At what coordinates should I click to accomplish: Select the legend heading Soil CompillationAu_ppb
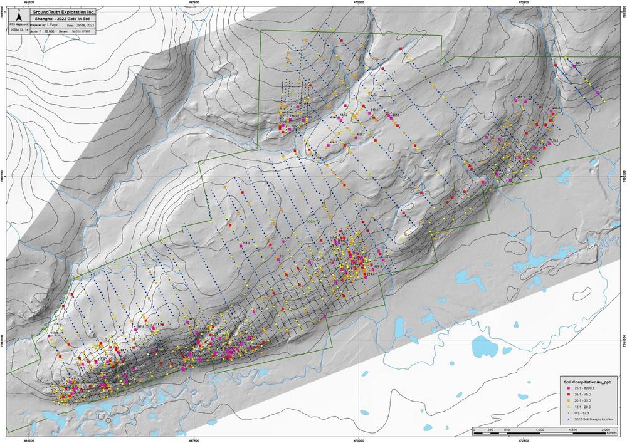(x=585, y=381)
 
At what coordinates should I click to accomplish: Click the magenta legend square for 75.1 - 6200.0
(x=567, y=388)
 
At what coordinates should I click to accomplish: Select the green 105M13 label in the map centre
(x=312, y=222)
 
